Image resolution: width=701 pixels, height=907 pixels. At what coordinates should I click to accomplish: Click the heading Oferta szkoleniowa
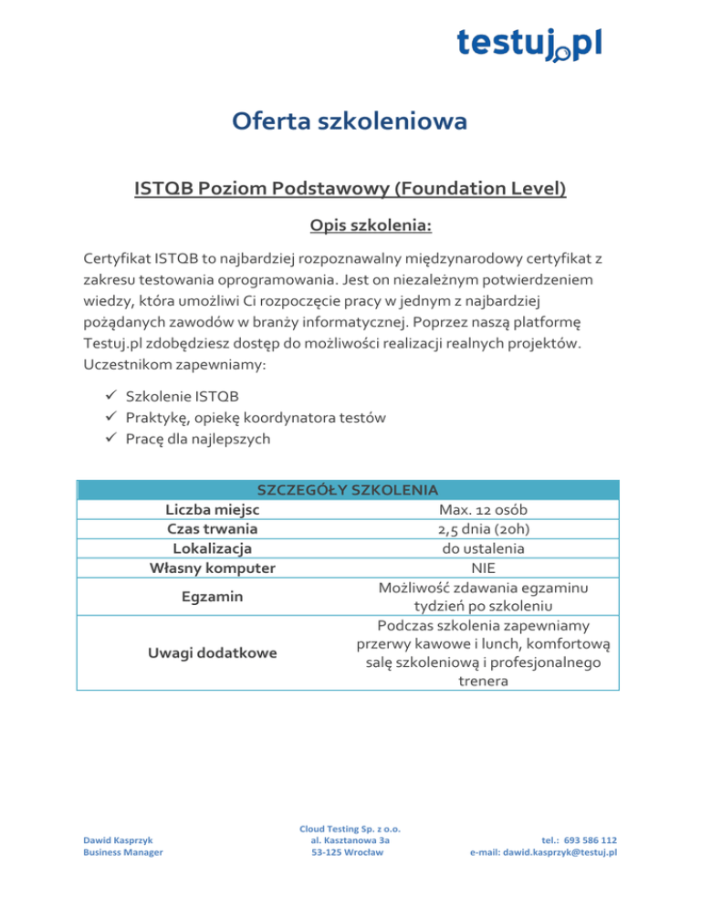click(350, 120)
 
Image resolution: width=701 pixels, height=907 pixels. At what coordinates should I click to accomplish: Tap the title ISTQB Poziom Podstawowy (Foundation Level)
click(350, 189)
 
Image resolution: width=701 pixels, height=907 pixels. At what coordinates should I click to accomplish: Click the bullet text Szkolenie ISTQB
click(178, 397)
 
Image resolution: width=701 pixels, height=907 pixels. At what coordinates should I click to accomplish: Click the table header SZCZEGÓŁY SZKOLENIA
click(350, 490)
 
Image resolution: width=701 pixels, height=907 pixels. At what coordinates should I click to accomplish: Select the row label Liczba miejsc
click(213, 509)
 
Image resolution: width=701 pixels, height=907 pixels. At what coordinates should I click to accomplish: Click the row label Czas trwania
click(213, 528)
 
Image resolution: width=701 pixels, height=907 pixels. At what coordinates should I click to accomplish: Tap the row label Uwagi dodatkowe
click(213, 653)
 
